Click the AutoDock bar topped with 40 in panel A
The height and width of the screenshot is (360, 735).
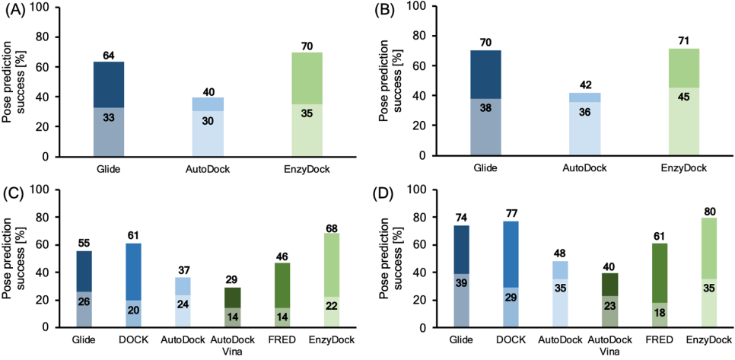coord(208,127)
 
